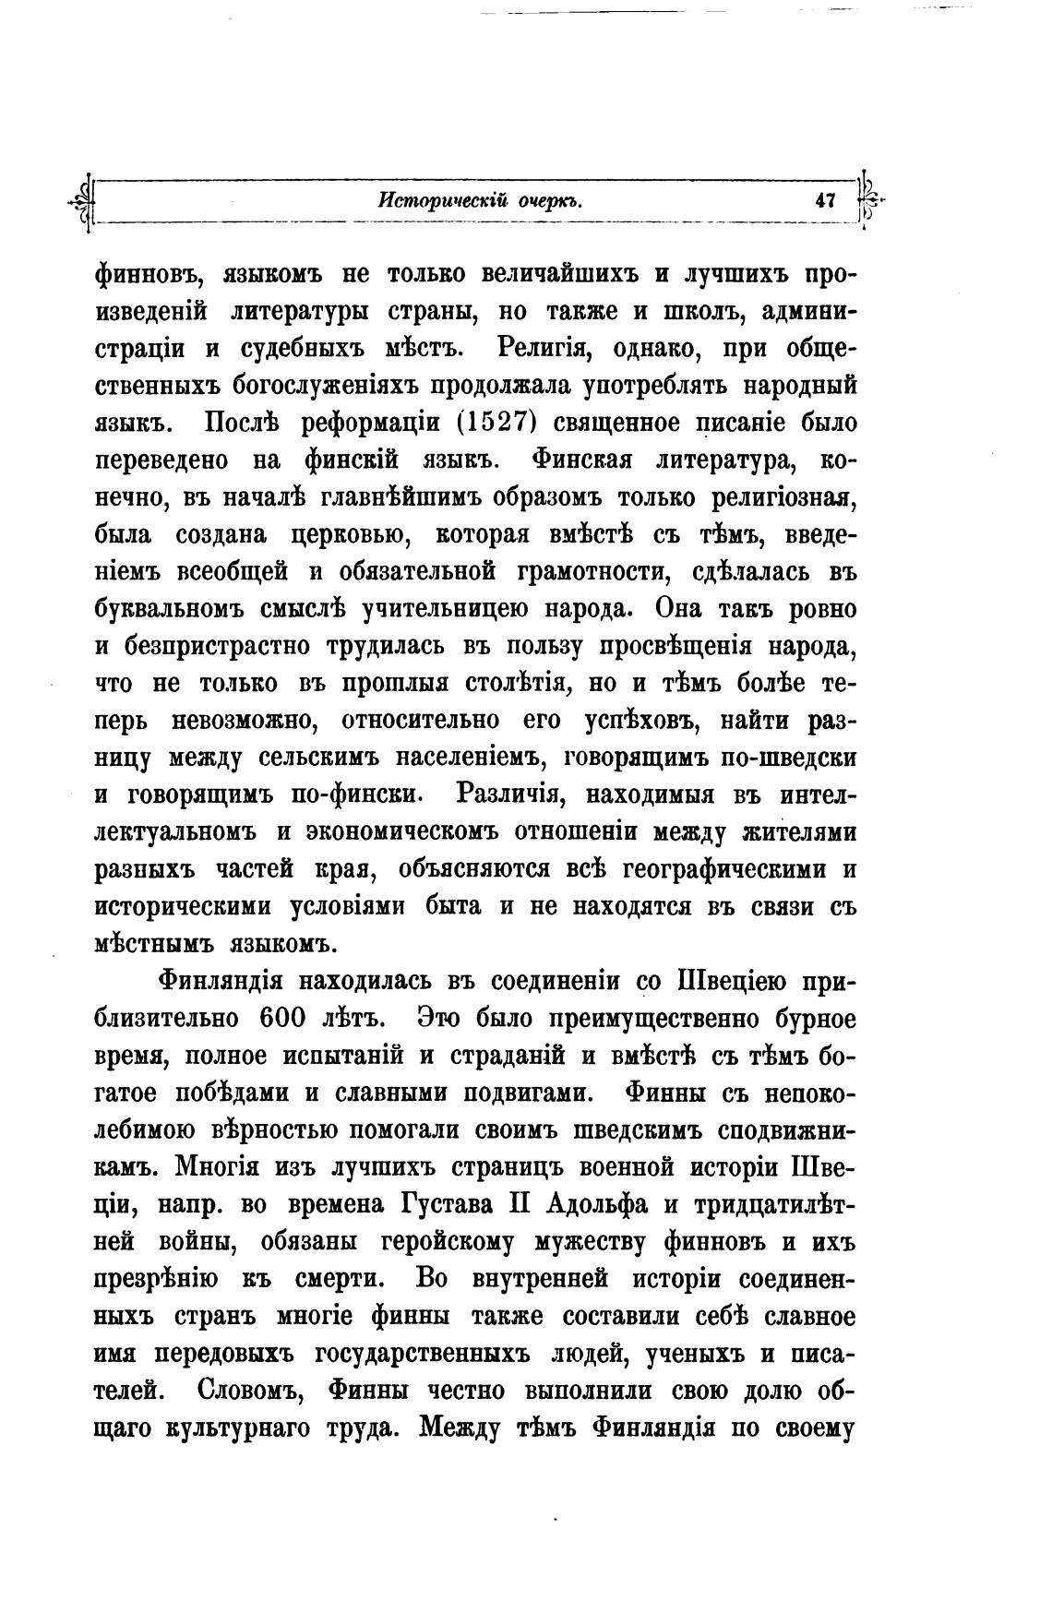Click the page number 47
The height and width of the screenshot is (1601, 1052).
click(x=824, y=200)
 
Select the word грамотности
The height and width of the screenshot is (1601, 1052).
click(x=590, y=572)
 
